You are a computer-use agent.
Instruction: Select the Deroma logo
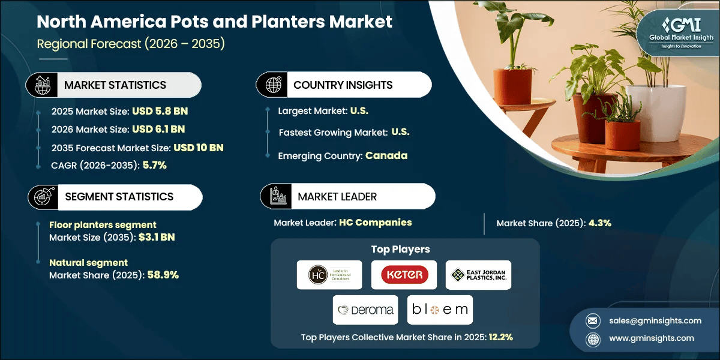click(x=365, y=310)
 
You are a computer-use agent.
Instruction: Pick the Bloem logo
click(x=439, y=310)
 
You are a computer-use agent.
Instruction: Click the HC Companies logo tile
click(x=329, y=275)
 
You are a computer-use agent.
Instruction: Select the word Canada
click(x=386, y=155)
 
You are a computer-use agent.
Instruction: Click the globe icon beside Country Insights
click(x=273, y=85)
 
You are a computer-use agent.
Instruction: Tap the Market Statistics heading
click(x=115, y=85)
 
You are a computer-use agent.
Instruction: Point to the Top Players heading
click(x=405, y=249)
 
